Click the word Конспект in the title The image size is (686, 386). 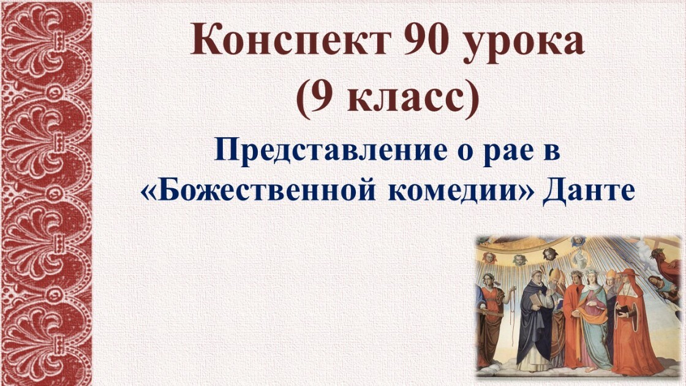[290, 42]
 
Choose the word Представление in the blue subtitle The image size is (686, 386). [330, 151]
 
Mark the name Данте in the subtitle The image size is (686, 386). [589, 192]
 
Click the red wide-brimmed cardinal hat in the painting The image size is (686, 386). [628, 272]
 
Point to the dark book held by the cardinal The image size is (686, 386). [623, 311]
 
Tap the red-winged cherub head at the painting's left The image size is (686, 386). [489, 258]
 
